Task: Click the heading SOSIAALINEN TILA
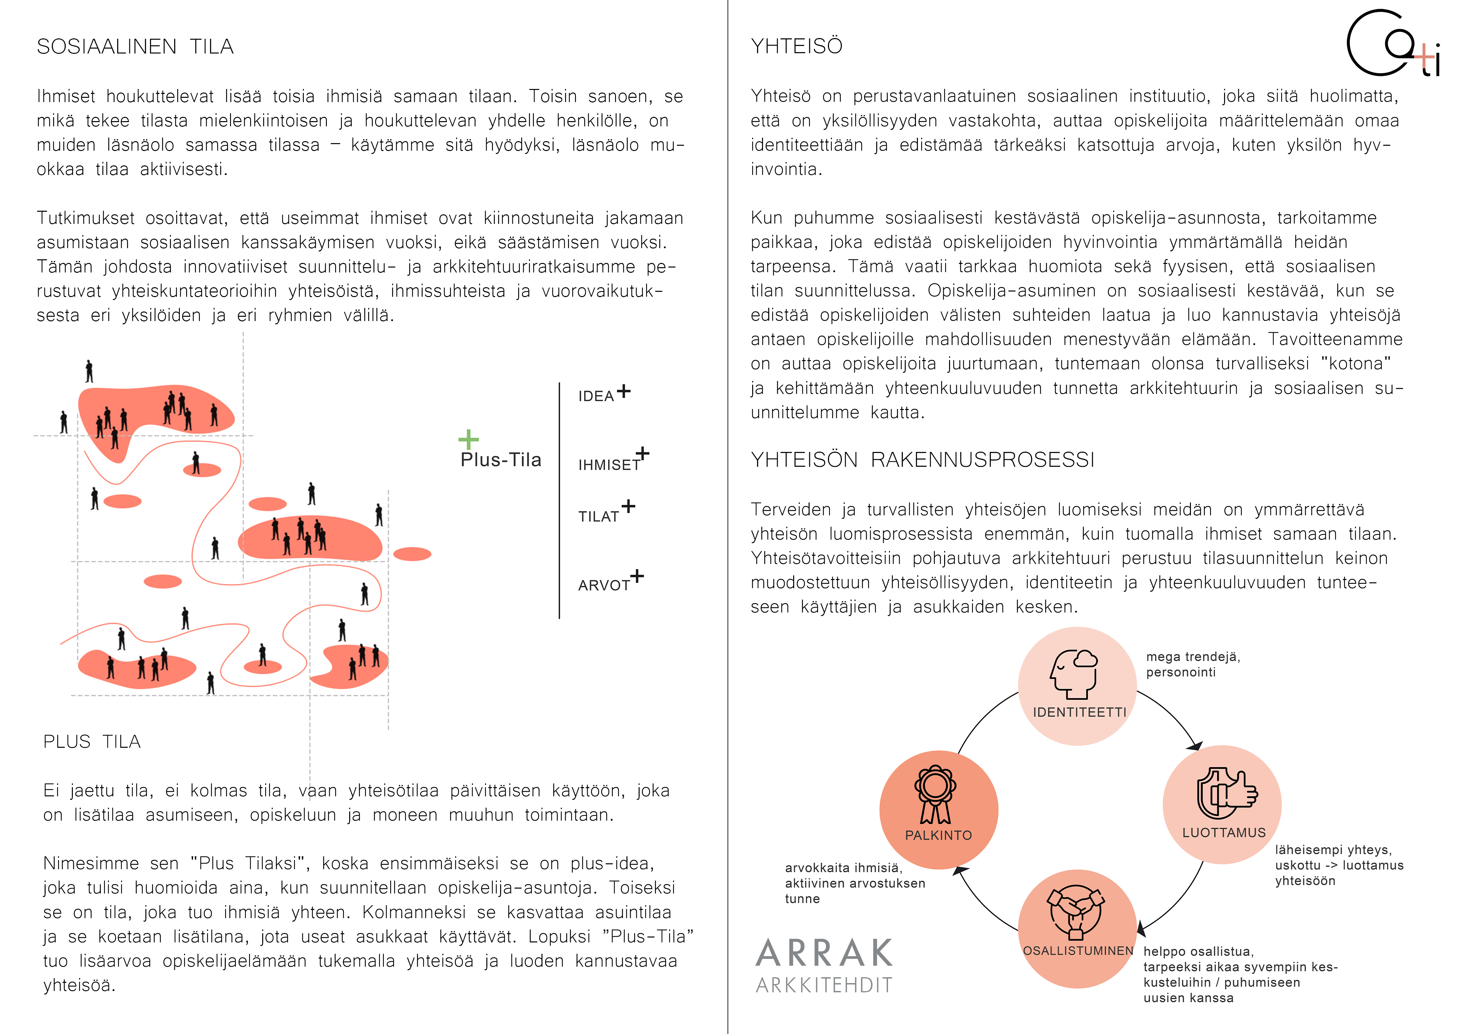(135, 47)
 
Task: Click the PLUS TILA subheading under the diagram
(92, 742)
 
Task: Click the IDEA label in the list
(596, 396)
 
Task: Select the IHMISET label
(609, 465)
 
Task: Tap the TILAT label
(599, 517)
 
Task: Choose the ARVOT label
(604, 586)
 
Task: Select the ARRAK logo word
(825, 953)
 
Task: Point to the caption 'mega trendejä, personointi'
(1193, 664)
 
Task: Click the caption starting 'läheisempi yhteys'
(1339, 865)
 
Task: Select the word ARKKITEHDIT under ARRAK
(825, 985)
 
